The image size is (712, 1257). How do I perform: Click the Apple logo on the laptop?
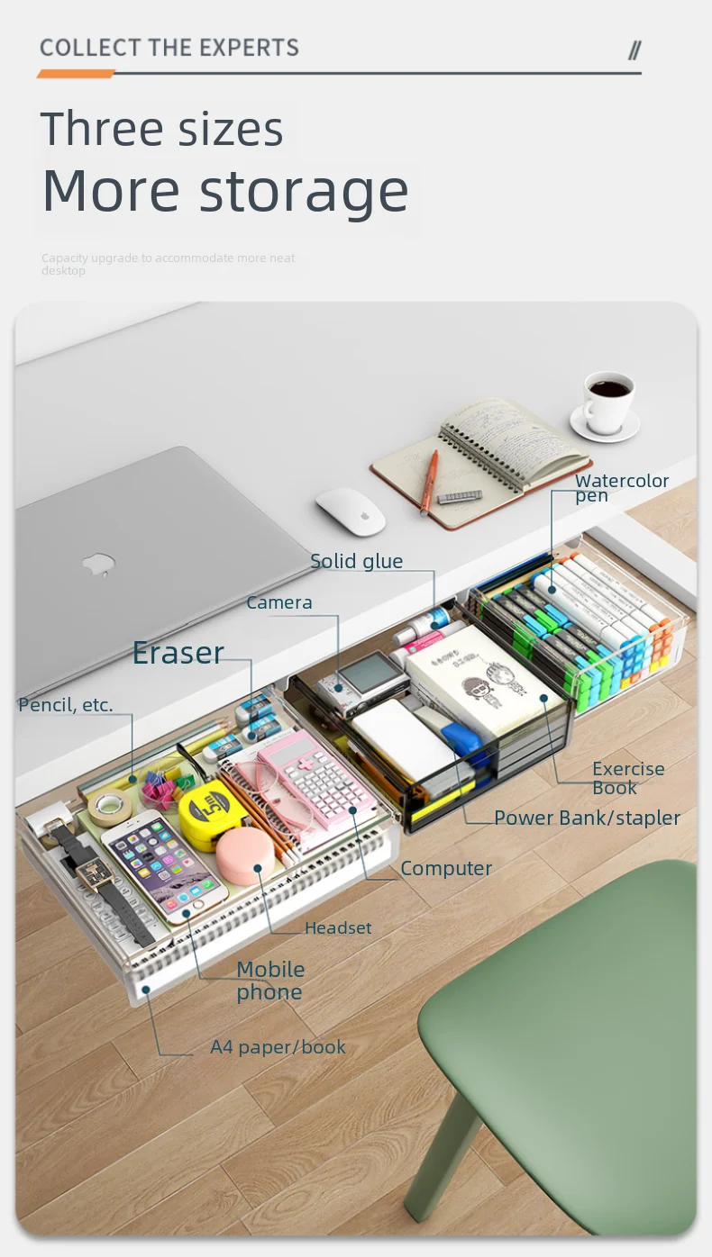tap(99, 565)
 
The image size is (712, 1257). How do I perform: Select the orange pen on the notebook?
tap(428, 482)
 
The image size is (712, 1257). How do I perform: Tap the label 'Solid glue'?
tap(356, 562)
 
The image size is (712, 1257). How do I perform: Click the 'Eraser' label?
tap(178, 653)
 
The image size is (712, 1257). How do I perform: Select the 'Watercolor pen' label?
tap(621, 487)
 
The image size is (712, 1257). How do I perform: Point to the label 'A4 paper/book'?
tap(278, 1047)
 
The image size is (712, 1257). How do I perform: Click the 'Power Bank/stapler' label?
tap(587, 818)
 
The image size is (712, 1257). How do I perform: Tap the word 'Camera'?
tap(279, 602)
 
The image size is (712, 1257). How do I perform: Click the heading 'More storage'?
tap(225, 191)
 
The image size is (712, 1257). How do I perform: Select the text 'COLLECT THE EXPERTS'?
tap(169, 48)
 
